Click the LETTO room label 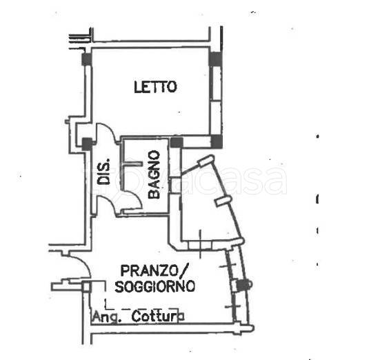pos(155,87)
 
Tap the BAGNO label pos(154,174)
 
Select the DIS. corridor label pos(103,171)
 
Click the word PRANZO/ pos(154,270)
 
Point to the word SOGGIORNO pos(155,286)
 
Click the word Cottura pos(158,317)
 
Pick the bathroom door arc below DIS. pos(133,198)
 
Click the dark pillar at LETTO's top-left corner pos(87,59)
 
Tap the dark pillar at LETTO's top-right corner pos(216,59)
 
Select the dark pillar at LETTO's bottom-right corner pos(217,141)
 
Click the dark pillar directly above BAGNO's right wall pos(177,143)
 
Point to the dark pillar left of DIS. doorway pos(87,144)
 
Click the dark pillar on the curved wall pos(242,286)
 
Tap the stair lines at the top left pos(79,39)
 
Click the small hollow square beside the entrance pos(86,287)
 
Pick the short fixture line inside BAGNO pos(133,163)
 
